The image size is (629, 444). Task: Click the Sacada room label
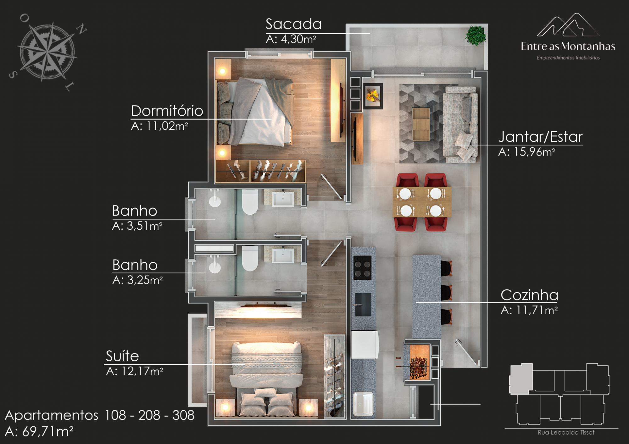(293, 24)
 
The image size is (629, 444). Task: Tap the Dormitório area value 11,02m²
(167, 126)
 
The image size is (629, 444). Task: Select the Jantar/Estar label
(540, 137)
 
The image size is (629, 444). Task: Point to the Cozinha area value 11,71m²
(537, 310)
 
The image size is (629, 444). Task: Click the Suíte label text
(122, 356)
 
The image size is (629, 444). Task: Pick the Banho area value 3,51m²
(145, 226)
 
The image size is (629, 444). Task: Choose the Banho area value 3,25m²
(145, 280)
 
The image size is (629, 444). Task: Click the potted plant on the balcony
(476, 36)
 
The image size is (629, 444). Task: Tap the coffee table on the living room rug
(421, 124)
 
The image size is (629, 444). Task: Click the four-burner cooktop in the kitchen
(363, 268)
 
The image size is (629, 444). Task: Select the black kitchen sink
(363, 304)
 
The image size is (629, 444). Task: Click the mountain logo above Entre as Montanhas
(568, 25)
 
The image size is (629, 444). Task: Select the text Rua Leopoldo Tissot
(566, 432)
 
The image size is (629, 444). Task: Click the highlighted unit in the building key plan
(521, 379)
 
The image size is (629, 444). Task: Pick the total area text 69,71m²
(48, 432)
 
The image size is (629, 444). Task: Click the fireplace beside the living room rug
(373, 96)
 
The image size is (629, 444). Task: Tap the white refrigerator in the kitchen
(365, 345)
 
